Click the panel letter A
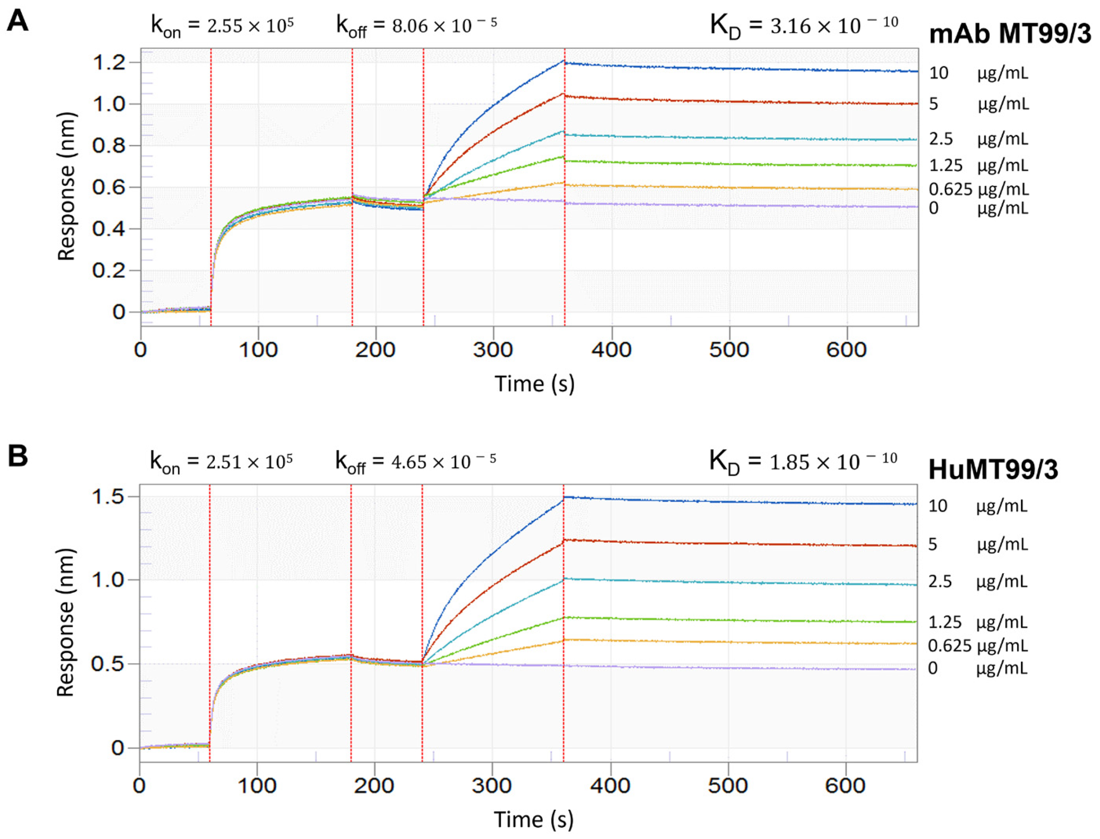pos(17,21)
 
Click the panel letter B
pos(18,455)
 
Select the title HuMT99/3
pos(993,470)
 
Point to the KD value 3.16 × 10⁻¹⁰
pos(833,25)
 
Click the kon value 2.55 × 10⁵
pos(250,25)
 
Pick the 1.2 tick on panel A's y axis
pos(109,62)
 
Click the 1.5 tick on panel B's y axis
pos(109,497)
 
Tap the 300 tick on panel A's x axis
pos(493,350)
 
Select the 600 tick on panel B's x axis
pos(845,786)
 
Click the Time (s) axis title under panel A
pos(534,384)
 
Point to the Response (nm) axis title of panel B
pos(65,623)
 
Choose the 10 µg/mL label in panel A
pos(978,73)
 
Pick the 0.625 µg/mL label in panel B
pos(977,646)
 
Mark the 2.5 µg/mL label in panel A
pos(978,139)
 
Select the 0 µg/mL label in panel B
pos(977,668)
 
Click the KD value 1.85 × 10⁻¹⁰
pos(832,461)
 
